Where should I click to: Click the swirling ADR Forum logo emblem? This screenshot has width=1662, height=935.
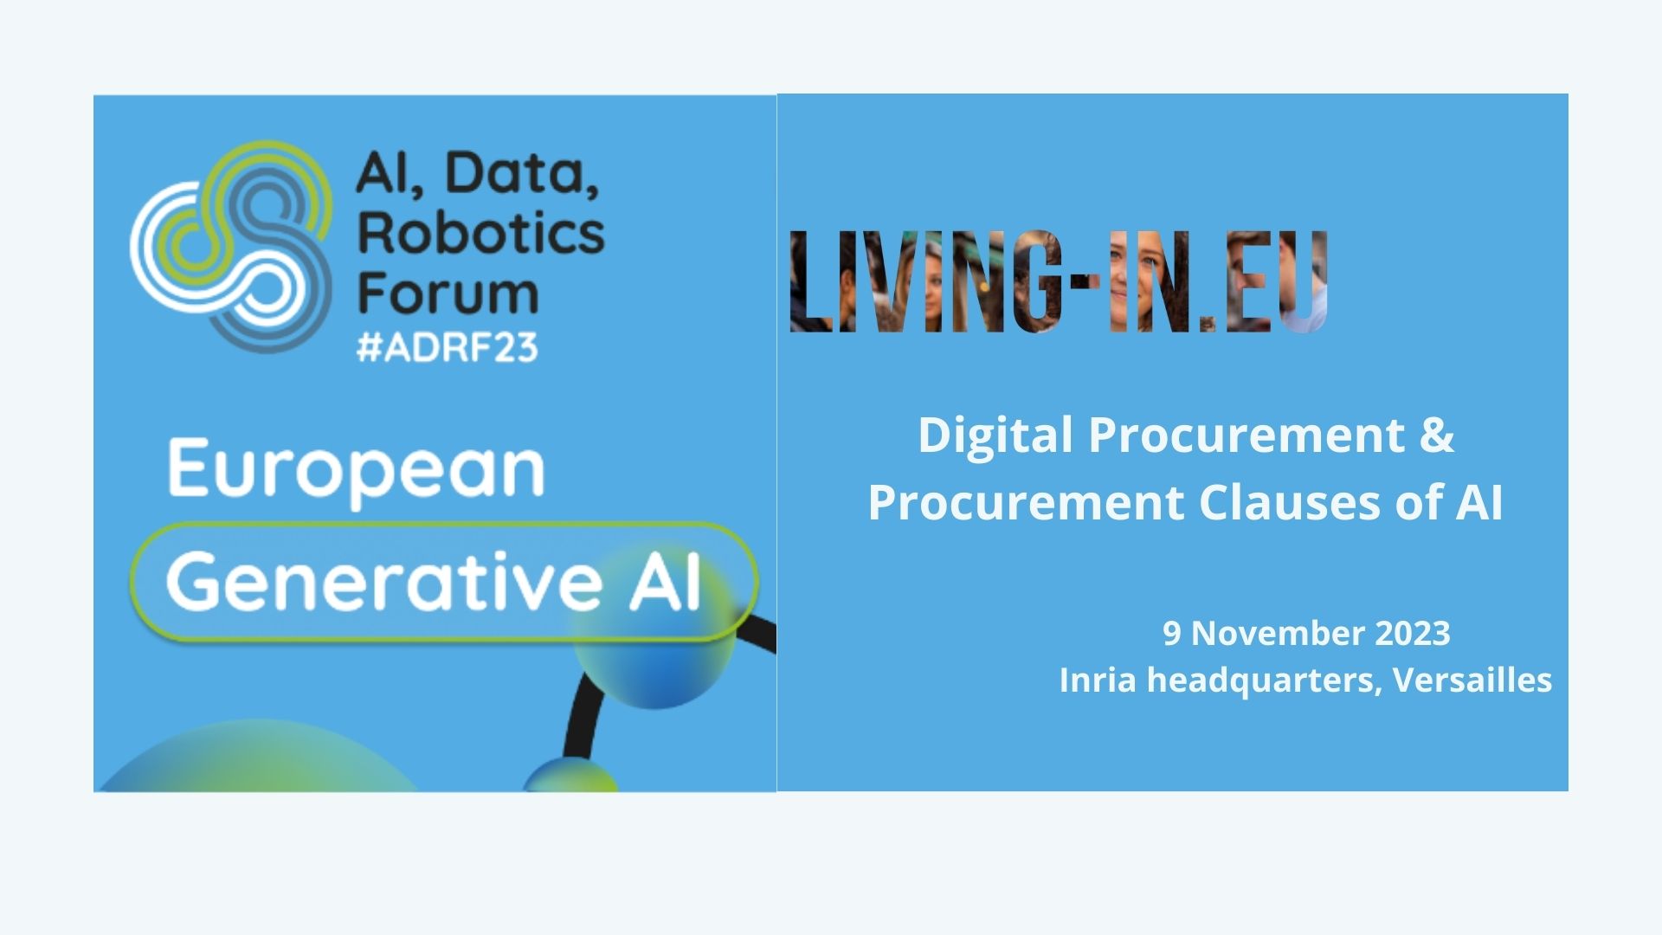point(232,247)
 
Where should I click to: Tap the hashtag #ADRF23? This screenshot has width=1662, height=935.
point(448,347)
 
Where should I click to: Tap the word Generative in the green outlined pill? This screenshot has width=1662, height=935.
point(384,581)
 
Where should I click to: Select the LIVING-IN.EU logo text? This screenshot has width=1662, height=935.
point(1059,281)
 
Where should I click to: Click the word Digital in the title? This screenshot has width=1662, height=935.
point(995,435)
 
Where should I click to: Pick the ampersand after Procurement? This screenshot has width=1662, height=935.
point(1436,435)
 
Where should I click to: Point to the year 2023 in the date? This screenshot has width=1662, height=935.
point(1413,634)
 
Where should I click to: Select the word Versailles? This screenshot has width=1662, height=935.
point(1472,680)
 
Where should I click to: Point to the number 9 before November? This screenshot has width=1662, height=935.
point(1171,634)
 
